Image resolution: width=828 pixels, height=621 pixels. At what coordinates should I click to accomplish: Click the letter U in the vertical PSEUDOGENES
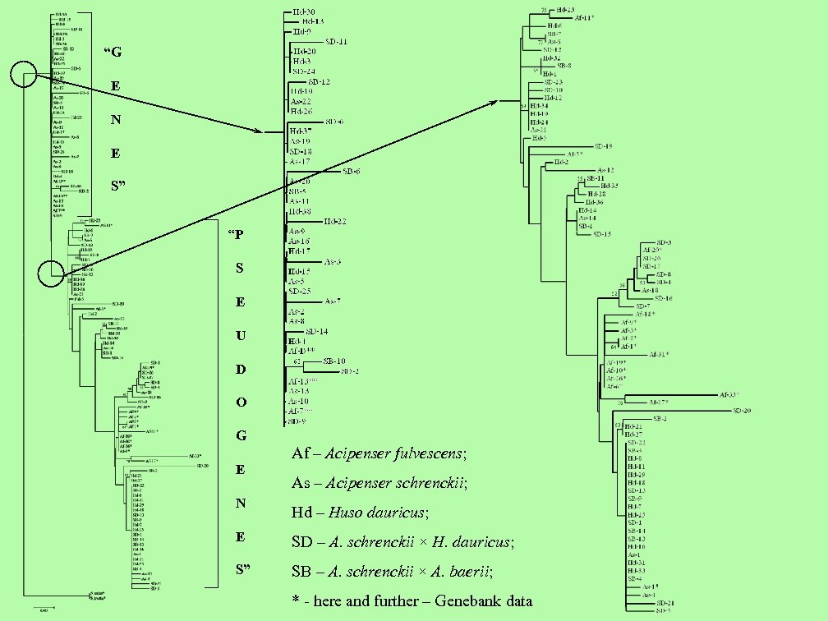[x=241, y=336]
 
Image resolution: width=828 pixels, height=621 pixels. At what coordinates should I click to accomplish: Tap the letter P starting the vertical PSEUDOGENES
[x=238, y=234]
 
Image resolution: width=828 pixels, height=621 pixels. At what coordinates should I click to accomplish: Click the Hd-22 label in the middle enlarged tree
[x=334, y=222]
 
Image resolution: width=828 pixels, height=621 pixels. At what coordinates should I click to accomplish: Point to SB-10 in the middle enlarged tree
[x=334, y=361]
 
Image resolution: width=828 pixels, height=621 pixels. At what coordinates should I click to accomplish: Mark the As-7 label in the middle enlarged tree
[x=333, y=301]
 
